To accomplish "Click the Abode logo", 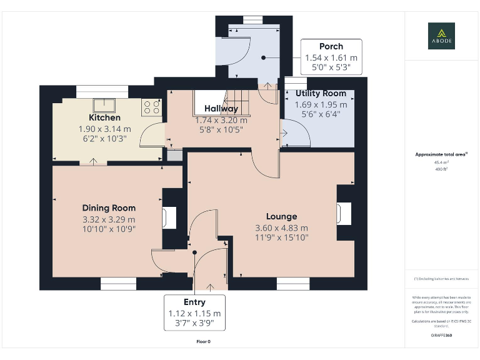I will pyautogui.click(x=441, y=36).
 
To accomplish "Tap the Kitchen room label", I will pyautogui.click(x=104, y=117).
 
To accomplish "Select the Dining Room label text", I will pyautogui.click(x=109, y=208).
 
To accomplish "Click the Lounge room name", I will pyautogui.click(x=281, y=217).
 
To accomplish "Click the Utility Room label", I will pyautogui.click(x=320, y=94).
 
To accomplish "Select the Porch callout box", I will pyautogui.click(x=331, y=56).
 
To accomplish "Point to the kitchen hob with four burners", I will pyautogui.click(x=151, y=107).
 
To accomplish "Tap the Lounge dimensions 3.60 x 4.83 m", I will pyautogui.click(x=281, y=228).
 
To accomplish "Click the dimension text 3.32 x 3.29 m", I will pyautogui.click(x=109, y=219).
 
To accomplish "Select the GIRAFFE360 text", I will pyautogui.click(x=441, y=336).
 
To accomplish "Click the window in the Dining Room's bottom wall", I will pyautogui.click(x=118, y=285).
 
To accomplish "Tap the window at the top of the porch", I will pyautogui.click(x=252, y=20).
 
